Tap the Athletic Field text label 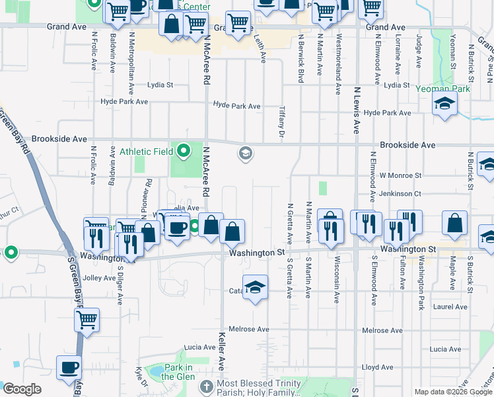tap(147, 152)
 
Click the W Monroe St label tap(400, 175)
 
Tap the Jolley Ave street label tap(99, 278)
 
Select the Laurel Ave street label tap(450, 307)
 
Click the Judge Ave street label tap(419, 52)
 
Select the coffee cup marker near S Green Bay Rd tap(69, 367)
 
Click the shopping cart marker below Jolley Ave tap(87, 321)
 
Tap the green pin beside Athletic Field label tap(184, 151)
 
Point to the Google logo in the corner tap(21, 389)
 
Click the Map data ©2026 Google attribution tap(453, 392)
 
